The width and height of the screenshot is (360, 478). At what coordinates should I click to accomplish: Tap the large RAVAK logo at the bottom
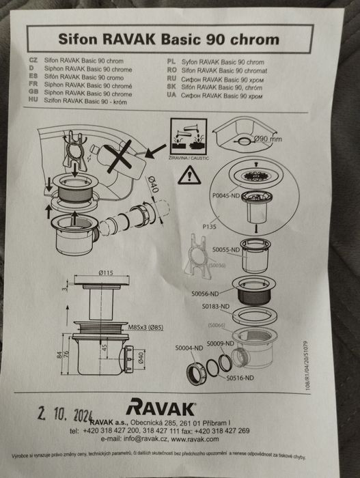pyautogui.click(x=161, y=409)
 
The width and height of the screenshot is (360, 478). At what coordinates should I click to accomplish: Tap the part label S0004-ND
pyautogui.click(x=189, y=348)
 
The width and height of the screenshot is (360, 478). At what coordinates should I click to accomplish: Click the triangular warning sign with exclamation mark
pyautogui.click(x=189, y=174)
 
